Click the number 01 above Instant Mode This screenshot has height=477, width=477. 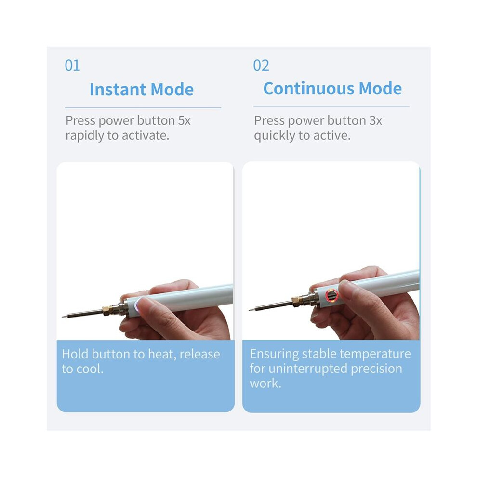(x=72, y=66)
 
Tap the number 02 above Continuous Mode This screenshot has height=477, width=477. (x=261, y=66)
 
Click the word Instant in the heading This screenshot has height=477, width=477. (x=118, y=90)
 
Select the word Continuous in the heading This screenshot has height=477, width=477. (x=309, y=88)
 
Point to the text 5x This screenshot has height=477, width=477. (x=185, y=120)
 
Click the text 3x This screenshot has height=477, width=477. (x=375, y=120)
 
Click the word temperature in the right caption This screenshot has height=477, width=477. (x=375, y=354)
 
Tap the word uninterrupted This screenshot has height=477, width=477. (x=308, y=369)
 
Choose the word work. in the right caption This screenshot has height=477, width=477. (x=265, y=384)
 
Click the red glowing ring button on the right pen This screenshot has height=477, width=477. (x=331, y=295)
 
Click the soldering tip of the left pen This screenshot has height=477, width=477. (x=82, y=314)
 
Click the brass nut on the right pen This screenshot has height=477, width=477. (x=296, y=302)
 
